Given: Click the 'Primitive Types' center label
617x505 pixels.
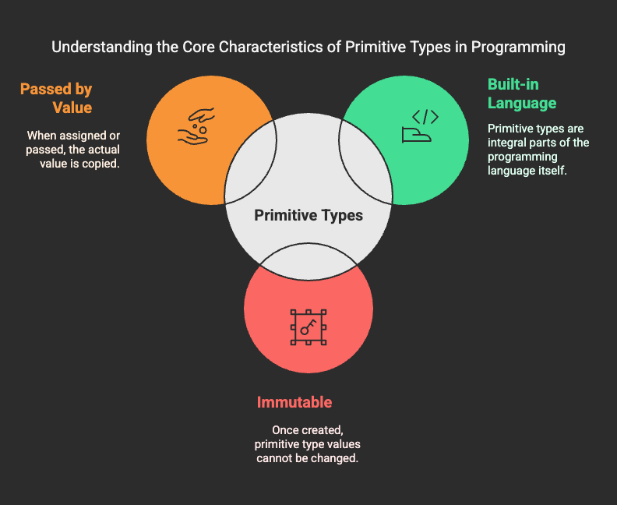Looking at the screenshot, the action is coord(308,215).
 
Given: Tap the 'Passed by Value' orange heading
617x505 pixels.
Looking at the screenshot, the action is coord(56,98).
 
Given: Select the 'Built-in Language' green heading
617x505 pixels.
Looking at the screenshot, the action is coord(522,94).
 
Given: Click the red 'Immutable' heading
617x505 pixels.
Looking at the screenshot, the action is coord(294,402).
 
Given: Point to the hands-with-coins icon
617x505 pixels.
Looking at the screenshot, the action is coord(196,126).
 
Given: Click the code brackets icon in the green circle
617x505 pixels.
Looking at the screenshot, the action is coord(420,126).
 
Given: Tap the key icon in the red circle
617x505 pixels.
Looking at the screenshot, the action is coord(308,327).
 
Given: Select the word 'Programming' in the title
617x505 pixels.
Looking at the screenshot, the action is coord(518,48).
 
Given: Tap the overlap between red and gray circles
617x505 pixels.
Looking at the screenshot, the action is coord(308,260).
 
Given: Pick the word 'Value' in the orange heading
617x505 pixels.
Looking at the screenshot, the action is coord(72,108).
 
